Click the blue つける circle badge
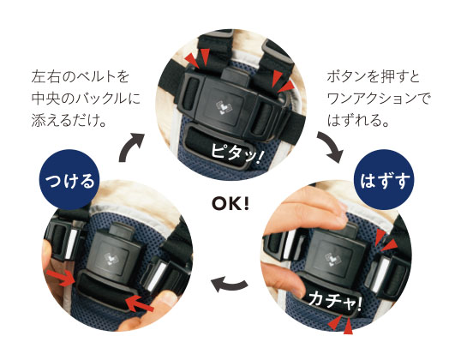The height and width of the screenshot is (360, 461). click(69, 180)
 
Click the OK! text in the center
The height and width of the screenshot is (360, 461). click(230, 204)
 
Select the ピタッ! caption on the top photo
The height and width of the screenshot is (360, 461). click(236, 154)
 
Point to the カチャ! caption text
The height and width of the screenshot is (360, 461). click(334, 300)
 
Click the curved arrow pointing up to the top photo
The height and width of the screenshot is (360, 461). click(129, 145)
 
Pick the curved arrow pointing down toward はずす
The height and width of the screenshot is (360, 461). click(331, 147)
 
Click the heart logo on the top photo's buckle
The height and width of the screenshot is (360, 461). click(223, 107)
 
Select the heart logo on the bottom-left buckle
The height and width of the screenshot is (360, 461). click(111, 259)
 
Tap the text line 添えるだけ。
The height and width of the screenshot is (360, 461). click(69, 120)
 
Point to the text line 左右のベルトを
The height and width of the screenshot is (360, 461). click(80, 77)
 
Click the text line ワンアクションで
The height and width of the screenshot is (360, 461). click(379, 99)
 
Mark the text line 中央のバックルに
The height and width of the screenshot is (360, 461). click(86, 99)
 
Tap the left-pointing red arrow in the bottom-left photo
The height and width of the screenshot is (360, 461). click(140, 303)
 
